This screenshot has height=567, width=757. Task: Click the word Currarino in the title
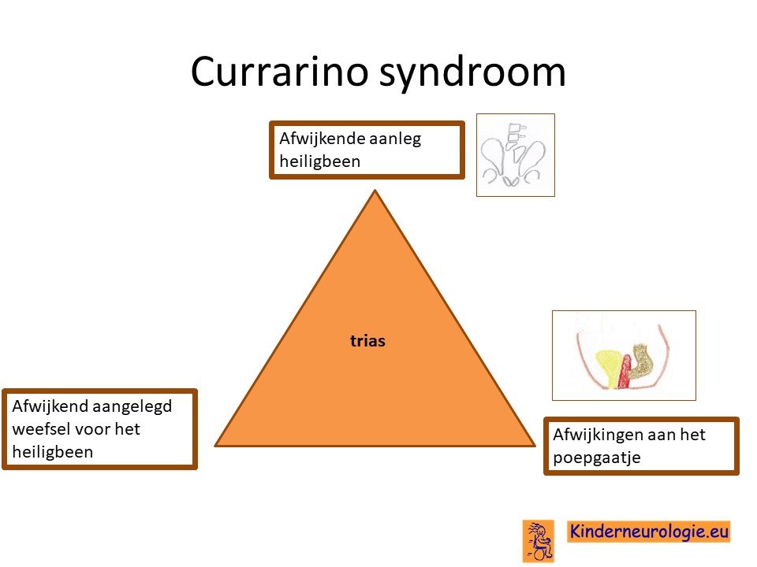[x=278, y=72]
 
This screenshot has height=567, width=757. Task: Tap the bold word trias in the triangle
[x=368, y=341]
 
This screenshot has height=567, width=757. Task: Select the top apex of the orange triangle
[x=375, y=191]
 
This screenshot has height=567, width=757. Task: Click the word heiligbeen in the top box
[x=319, y=161]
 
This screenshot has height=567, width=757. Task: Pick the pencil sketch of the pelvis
[x=515, y=155]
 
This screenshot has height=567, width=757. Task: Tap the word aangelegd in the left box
[x=132, y=407]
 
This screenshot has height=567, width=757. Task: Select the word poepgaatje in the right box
[x=597, y=458]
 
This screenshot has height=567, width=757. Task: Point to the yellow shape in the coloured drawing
[x=608, y=368]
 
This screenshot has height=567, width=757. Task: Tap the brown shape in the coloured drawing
[x=640, y=361]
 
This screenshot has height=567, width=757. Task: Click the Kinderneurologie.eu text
[x=648, y=532]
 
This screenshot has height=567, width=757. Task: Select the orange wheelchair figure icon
[x=539, y=540]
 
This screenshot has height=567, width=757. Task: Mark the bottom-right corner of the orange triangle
[x=535, y=446]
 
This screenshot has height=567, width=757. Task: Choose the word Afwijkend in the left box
[x=50, y=407]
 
